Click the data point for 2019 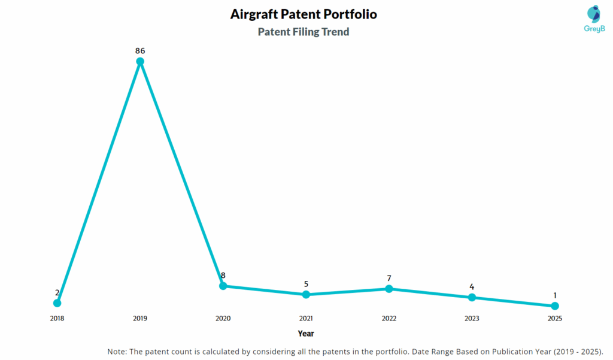tap(140, 61)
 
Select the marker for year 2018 tap(57, 303)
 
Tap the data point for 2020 tap(223, 286)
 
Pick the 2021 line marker tap(306, 294)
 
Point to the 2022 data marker tap(389, 289)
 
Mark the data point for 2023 tap(472, 297)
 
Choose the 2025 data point tap(555, 306)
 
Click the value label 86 tap(140, 50)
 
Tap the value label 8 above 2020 tap(223, 276)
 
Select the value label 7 tap(389, 278)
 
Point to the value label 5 tap(306, 284)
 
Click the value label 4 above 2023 tap(472, 287)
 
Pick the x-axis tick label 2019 tap(140, 319)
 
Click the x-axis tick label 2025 tap(555, 319)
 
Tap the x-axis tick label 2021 tap(306, 319)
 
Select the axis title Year tap(306, 334)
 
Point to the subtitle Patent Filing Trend tap(304, 32)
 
